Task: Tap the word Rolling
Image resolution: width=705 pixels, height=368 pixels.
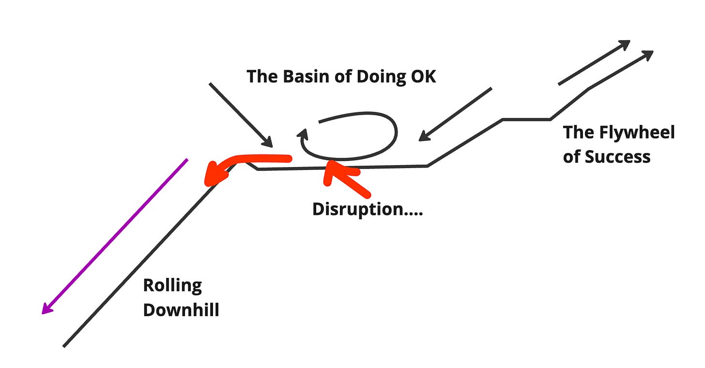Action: click(x=172, y=285)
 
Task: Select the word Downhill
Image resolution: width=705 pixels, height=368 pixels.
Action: click(x=181, y=310)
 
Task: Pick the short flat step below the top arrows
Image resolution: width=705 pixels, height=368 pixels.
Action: click(x=526, y=119)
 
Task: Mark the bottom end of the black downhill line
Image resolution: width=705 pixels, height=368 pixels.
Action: click(x=64, y=346)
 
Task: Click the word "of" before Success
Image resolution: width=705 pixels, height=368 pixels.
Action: click(x=571, y=156)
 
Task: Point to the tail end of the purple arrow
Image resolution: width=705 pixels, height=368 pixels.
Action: click(x=186, y=160)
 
